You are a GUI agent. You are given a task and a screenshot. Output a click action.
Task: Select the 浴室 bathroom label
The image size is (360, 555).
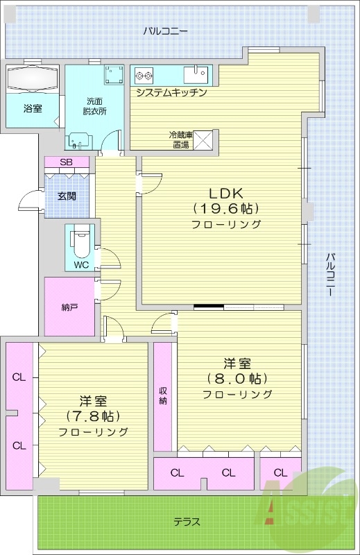click(32, 108)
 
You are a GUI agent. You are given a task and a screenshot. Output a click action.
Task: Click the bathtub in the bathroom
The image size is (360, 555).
click(32, 78)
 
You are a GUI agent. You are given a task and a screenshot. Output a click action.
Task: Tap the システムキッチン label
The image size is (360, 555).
click(171, 92)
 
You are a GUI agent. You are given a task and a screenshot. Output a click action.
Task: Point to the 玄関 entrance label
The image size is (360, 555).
click(67, 196)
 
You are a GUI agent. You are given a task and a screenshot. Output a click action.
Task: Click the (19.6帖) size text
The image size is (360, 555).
click(225, 208)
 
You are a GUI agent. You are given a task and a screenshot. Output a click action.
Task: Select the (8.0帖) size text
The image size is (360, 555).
click(237, 379)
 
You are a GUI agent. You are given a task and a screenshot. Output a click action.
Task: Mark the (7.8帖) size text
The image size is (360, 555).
click(93, 416)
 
